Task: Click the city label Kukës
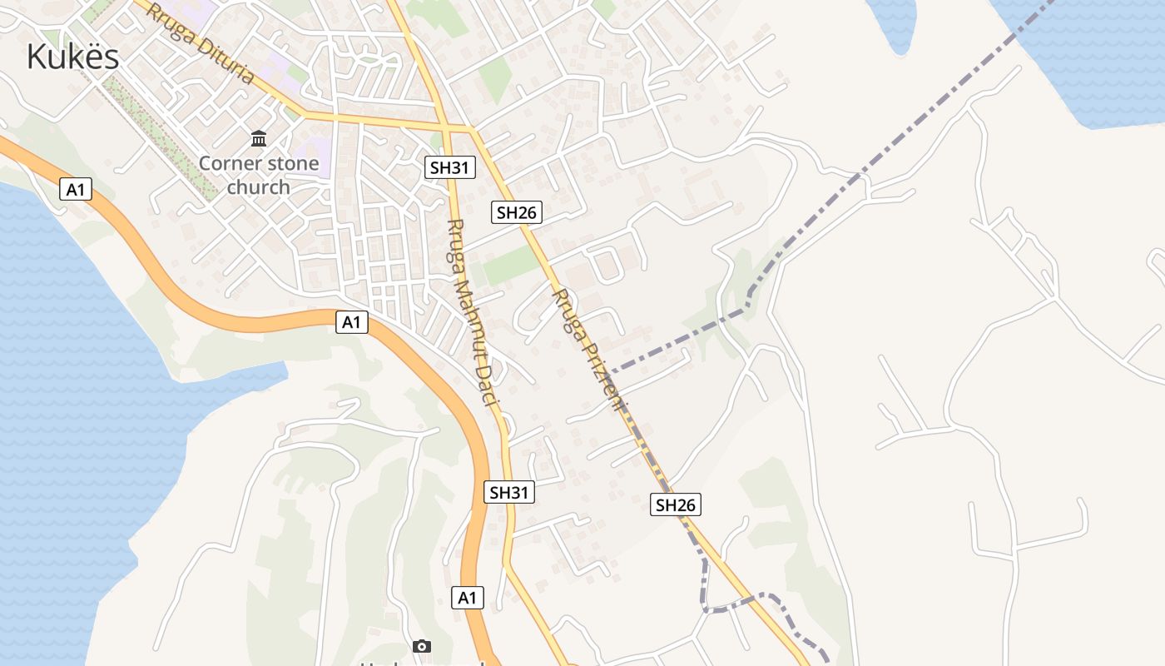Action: [x=73, y=57]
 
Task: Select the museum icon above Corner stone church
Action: [x=259, y=137]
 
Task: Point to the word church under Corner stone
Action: [x=259, y=187]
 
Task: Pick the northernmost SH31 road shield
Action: [x=449, y=167]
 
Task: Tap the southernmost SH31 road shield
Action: [x=509, y=492]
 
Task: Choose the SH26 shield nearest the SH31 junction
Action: [x=516, y=212]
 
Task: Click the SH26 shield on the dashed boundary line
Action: [x=675, y=504]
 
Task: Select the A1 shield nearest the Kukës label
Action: [x=76, y=190]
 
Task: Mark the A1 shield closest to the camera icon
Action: [x=468, y=597]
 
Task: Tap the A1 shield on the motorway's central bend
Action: [x=352, y=322]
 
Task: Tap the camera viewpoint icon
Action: [x=422, y=646]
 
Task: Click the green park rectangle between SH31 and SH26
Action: [x=509, y=266]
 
